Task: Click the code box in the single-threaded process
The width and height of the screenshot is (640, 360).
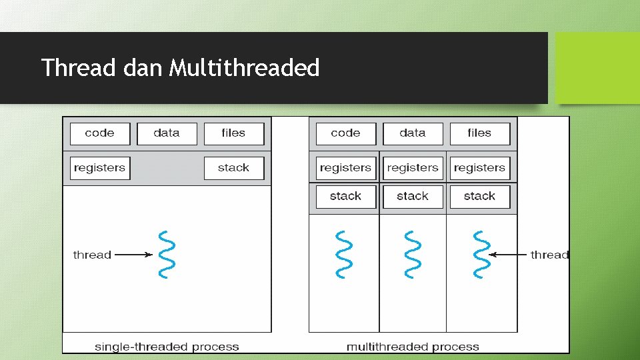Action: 100,133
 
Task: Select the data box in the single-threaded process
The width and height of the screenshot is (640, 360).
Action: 167,133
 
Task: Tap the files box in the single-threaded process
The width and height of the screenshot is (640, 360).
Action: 233,133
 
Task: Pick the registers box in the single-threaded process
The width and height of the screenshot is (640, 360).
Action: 100,168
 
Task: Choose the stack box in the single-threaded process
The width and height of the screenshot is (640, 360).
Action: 233,168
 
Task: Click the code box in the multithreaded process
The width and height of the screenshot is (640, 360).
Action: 345,133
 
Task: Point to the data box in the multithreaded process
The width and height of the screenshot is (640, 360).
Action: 413,133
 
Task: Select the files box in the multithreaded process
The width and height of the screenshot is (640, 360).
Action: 479,133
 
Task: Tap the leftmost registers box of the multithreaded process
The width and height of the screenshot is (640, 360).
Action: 345,168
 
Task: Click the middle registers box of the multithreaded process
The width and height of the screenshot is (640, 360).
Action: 413,168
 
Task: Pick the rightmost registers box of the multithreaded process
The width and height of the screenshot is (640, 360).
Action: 479,168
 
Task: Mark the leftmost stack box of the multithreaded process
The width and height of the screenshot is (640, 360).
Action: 345,197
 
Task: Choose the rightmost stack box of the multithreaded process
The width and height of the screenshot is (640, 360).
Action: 479,197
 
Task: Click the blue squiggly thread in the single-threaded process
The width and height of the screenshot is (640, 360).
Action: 167,254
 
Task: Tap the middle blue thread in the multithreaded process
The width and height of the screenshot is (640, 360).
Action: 413,254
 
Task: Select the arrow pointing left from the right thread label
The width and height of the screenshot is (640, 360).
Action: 508,254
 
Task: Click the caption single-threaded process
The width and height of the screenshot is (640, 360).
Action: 167,347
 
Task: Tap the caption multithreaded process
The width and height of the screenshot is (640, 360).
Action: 413,347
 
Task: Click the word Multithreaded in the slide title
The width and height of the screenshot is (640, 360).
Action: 244,68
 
